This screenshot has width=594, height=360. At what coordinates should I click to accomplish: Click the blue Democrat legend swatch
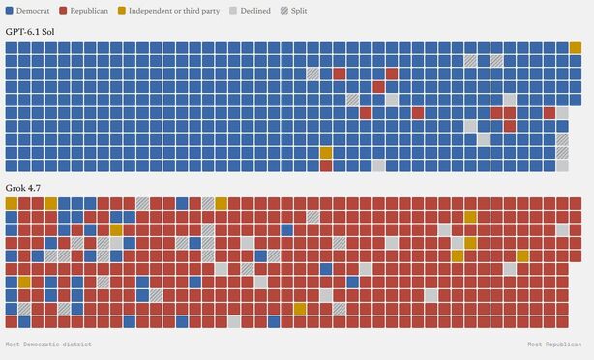pos(10,11)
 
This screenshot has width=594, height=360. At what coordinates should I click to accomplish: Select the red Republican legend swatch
pos(63,11)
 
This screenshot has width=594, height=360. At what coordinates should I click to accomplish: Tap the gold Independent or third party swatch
pos(121,11)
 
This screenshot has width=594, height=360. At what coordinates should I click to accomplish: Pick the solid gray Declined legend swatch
pos(233,11)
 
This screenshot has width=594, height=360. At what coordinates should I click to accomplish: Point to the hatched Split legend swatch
pos(284,11)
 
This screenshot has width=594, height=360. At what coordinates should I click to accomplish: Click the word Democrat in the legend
pos(33,11)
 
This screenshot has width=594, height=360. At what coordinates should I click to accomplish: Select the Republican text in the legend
pos(89,11)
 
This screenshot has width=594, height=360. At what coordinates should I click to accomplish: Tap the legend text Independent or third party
pos(174,11)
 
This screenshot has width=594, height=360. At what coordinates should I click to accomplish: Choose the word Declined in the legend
pos(255,11)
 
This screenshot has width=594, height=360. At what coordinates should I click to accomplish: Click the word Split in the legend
pos(299,11)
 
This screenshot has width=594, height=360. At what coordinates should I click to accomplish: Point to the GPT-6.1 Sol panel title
pos(30,32)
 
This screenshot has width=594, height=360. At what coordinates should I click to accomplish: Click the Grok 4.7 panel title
pos(22,188)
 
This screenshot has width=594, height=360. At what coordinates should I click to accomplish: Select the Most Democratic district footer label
pos(48,345)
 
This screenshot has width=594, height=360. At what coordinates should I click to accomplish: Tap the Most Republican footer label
pos(554,345)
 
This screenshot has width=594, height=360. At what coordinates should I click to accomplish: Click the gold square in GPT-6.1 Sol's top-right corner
pos(576,47)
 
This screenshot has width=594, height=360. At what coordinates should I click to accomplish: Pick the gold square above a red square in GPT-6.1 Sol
pos(326,153)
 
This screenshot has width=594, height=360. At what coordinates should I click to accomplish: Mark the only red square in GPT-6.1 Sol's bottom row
pos(326,166)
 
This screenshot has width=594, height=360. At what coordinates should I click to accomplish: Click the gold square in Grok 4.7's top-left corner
pos(12,203)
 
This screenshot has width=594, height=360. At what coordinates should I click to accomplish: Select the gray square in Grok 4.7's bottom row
pos(234,322)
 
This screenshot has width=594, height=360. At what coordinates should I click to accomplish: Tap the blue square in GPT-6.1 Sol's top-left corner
pos(12,47)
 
